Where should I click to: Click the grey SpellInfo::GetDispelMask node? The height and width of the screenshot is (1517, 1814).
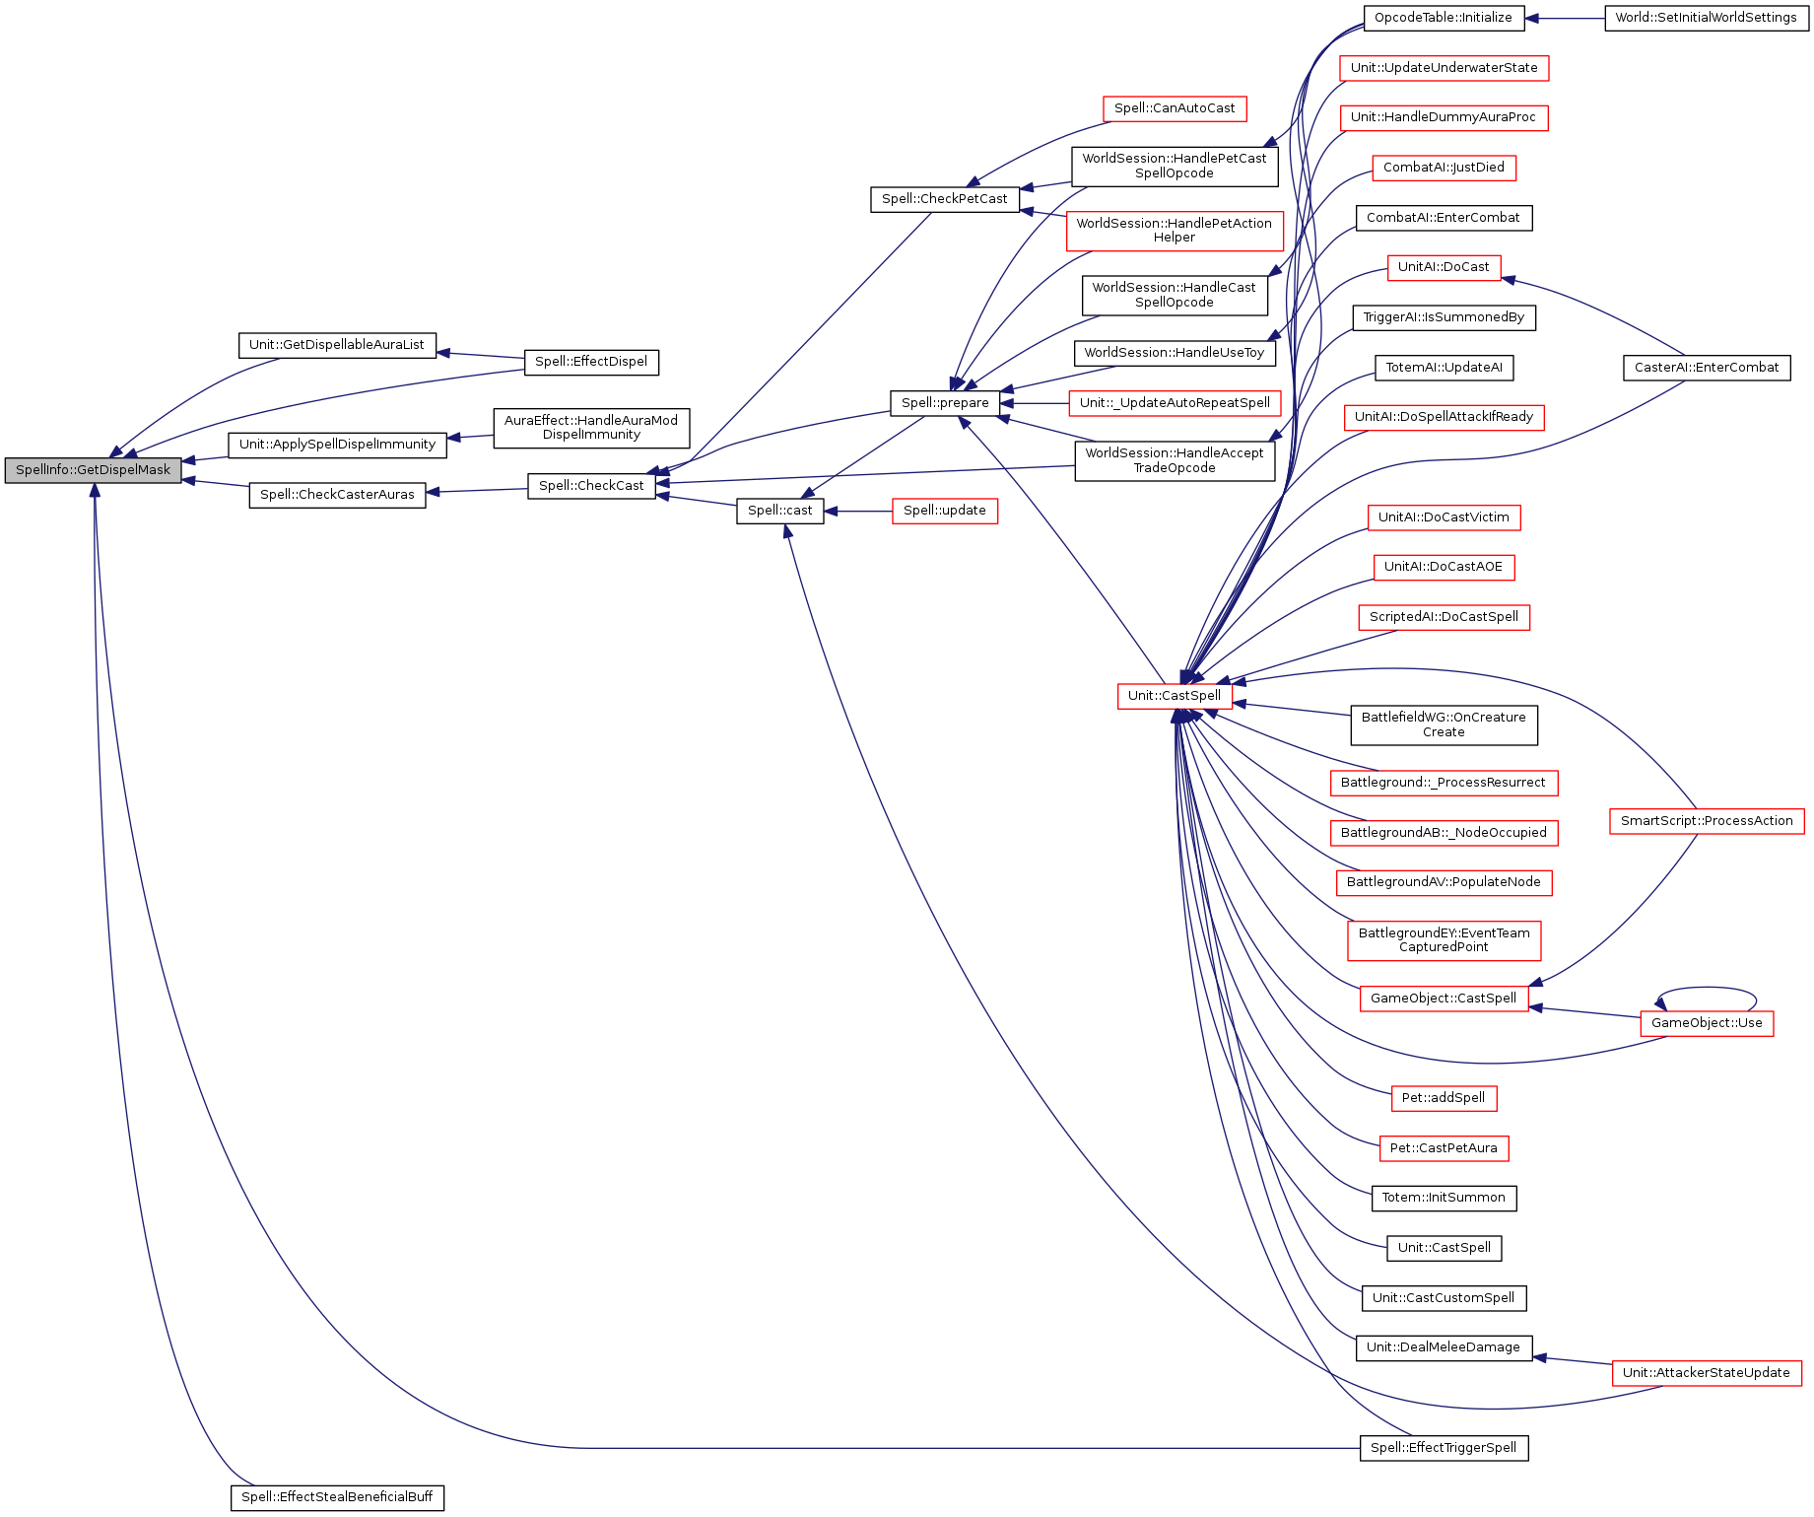coord(94,470)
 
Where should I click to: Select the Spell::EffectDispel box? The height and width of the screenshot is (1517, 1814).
coord(591,362)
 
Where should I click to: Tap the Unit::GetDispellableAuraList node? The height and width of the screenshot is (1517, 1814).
coord(337,345)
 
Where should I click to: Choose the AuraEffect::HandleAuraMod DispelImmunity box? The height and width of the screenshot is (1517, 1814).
coord(591,428)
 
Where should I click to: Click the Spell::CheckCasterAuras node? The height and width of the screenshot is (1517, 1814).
coord(337,495)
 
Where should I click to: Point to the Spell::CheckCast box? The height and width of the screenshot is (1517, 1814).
coord(591,486)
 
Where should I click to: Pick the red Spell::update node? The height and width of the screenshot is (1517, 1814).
coord(945,511)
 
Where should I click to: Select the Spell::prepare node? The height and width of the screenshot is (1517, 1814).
coord(945,403)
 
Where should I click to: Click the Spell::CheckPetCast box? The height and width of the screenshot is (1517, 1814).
coord(945,199)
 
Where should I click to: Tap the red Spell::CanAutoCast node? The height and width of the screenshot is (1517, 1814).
coord(1175,108)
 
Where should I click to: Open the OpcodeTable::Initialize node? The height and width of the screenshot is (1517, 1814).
coord(1444,18)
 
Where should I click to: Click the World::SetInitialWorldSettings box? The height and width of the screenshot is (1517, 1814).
coord(1707,18)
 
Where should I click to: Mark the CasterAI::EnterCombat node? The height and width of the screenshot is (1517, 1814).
coord(1707,368)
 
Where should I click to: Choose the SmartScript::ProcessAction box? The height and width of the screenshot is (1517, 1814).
coord(1707,821)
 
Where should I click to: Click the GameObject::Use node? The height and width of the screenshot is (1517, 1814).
coord(1707,1023)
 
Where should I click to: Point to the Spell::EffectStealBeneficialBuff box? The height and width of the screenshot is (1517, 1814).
coord(337,1497)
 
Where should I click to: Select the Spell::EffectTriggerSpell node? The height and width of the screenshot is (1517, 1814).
coord(1444,1448)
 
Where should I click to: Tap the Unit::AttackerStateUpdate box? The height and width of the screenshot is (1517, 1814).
coord(1707,1373)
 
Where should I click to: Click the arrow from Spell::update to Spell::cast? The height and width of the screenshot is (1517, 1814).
coord(858,511)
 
